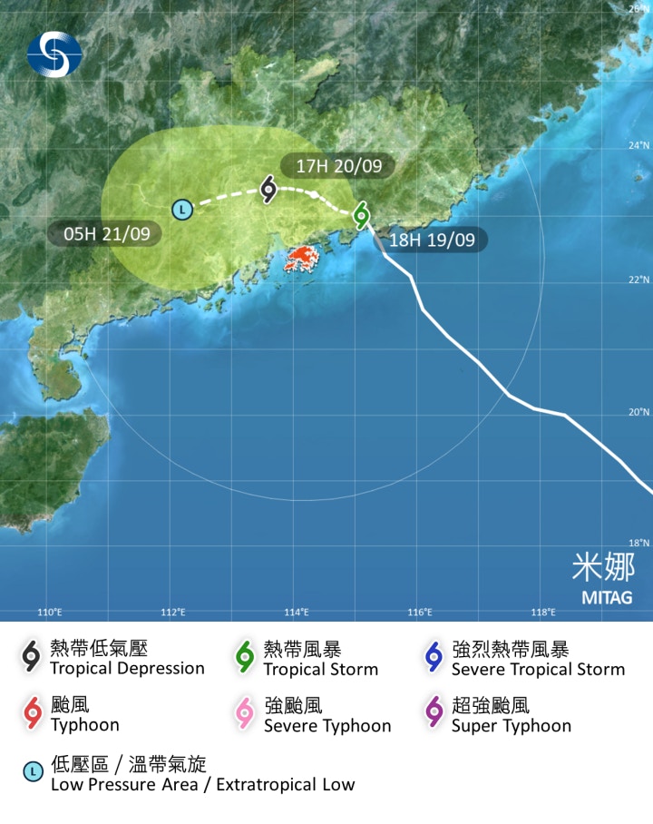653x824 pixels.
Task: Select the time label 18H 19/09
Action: [434, 240]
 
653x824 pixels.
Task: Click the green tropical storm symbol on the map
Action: [362, 214]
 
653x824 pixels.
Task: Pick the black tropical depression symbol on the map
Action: [268, 189]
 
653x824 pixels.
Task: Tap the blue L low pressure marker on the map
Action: [182, 210]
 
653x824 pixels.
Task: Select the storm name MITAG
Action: [607, 597]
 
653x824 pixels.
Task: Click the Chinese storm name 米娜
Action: [603, 567]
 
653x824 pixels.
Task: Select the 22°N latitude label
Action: [639, 280]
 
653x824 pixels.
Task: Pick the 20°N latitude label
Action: [639, 412]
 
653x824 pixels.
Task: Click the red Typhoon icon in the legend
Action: [33, 714]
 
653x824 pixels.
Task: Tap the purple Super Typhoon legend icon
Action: [434, 714]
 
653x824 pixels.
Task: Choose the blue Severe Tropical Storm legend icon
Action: [434, 657]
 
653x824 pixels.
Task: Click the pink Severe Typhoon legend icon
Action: [245, 714]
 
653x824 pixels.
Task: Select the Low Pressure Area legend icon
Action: [33, 772]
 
